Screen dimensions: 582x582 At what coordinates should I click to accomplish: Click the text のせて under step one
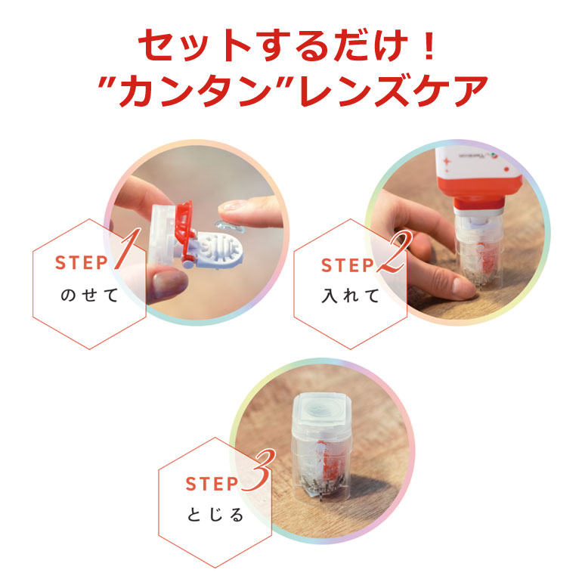(89, 296)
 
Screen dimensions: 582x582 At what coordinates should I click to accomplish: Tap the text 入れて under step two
(351, 296)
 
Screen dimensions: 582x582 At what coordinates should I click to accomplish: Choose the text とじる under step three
(216, 515)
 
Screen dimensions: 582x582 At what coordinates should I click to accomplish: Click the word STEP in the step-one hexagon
(82, 263)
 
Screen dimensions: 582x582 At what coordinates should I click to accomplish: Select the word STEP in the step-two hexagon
(348, 265)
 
